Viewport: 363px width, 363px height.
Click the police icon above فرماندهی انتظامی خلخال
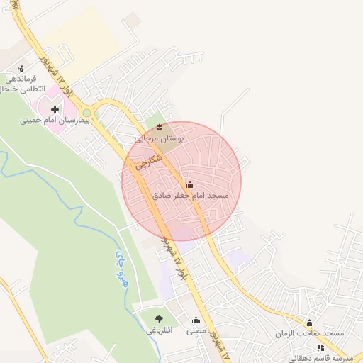click(21, 68)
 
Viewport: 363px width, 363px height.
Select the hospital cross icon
click(55, 109)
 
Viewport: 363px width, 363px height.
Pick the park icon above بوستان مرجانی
click(160, 127)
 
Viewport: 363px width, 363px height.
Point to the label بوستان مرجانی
click(160, 139)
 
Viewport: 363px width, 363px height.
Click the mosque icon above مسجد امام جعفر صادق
click(189, 184)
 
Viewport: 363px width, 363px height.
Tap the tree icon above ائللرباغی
click(158, 320)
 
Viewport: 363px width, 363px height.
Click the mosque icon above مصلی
click(196, 320)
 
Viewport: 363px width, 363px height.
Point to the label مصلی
click(196, 331)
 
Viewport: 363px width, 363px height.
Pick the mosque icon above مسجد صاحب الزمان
click(308, 323)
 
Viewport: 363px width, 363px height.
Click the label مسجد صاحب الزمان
click(311, 333)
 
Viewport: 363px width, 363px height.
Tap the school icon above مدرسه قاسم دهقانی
click(320, 347)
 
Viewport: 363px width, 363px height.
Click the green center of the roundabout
click(87, 112)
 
